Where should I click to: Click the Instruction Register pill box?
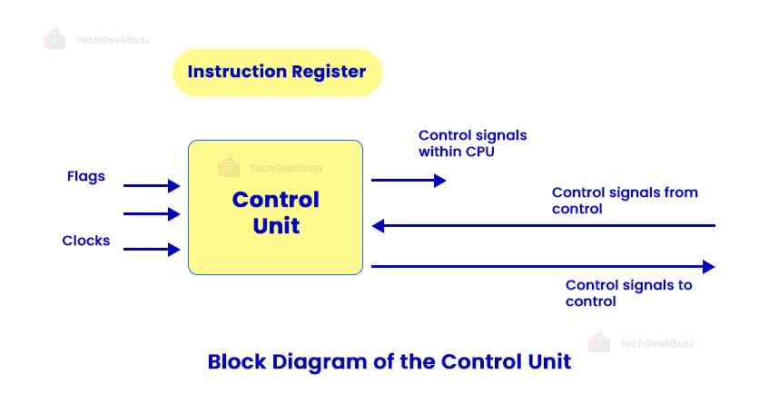point(277,72)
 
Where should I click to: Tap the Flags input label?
point(85,176)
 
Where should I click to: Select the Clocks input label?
point(86,241)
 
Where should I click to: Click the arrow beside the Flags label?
point(152,186)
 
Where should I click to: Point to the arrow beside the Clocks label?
point(152,250)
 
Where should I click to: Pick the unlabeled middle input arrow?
point(152,214)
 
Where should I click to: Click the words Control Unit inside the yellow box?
point(275,212)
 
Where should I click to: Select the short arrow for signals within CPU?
point(409,181)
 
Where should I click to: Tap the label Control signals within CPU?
point(472,143)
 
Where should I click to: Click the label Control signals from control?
point(625,201)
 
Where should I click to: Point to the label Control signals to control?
point(628,293)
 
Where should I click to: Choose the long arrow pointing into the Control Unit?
point(545,225)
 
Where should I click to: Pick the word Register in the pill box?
point(326,72)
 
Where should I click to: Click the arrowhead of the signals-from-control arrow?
point(379,225)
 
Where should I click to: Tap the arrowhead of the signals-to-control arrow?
point(709,267)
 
